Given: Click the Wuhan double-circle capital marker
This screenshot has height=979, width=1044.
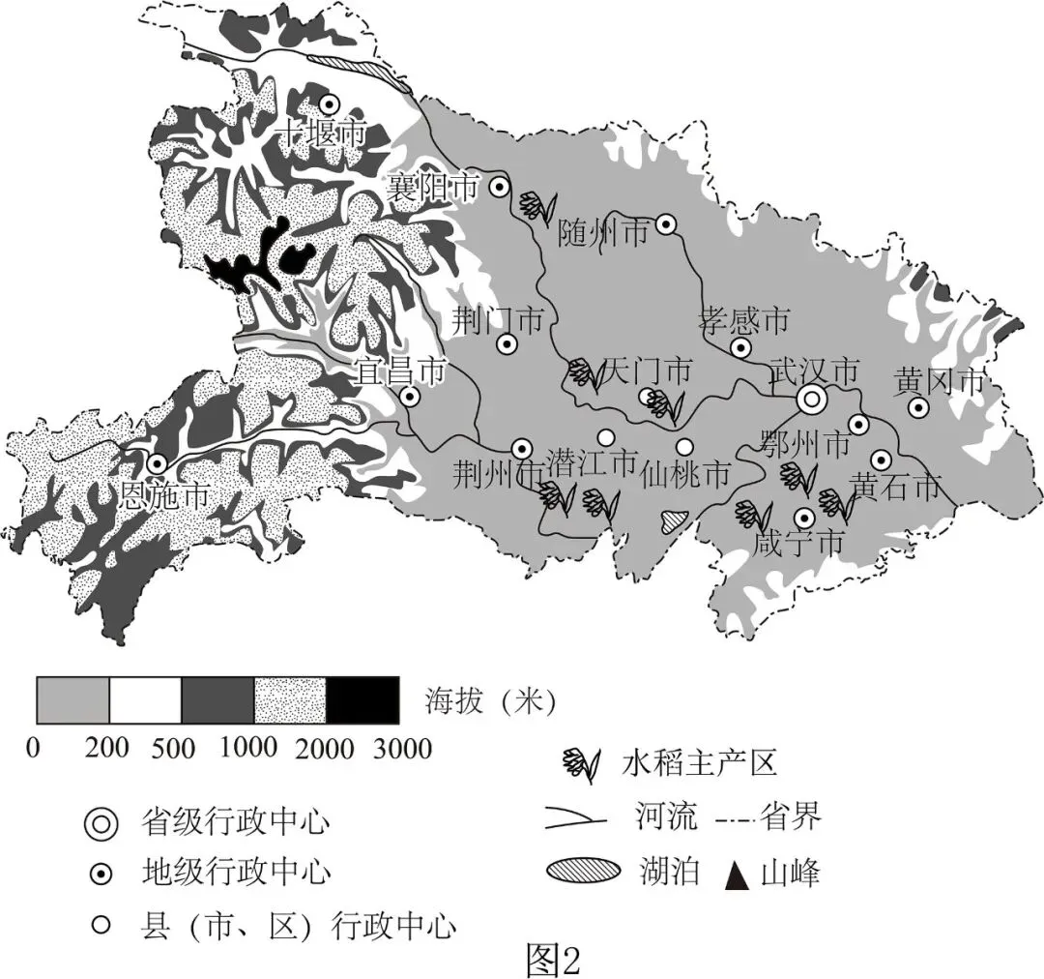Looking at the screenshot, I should click(812, 398).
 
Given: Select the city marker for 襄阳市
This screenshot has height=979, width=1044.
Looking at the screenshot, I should click(500, 187).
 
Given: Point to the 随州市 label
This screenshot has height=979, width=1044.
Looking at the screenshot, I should click(604, 233).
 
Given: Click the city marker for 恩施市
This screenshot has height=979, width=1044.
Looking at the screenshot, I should click(156, 464).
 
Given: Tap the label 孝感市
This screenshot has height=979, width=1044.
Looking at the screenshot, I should click(743, 319).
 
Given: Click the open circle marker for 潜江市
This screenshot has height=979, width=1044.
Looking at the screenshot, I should click(606, 436).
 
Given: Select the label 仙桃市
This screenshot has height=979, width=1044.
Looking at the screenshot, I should click(686, 474).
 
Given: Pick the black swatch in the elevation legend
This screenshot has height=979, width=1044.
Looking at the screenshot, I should click(362, 700).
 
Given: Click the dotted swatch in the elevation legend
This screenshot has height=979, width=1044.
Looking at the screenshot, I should click(290, 700).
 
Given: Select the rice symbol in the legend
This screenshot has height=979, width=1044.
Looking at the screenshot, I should click(582, 763).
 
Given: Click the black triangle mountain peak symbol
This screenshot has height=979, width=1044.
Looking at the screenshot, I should click(738, 876).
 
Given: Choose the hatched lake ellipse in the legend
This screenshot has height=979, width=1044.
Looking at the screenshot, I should click(583, 870).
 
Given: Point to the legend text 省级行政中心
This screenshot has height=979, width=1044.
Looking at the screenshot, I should click(236, 823).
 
